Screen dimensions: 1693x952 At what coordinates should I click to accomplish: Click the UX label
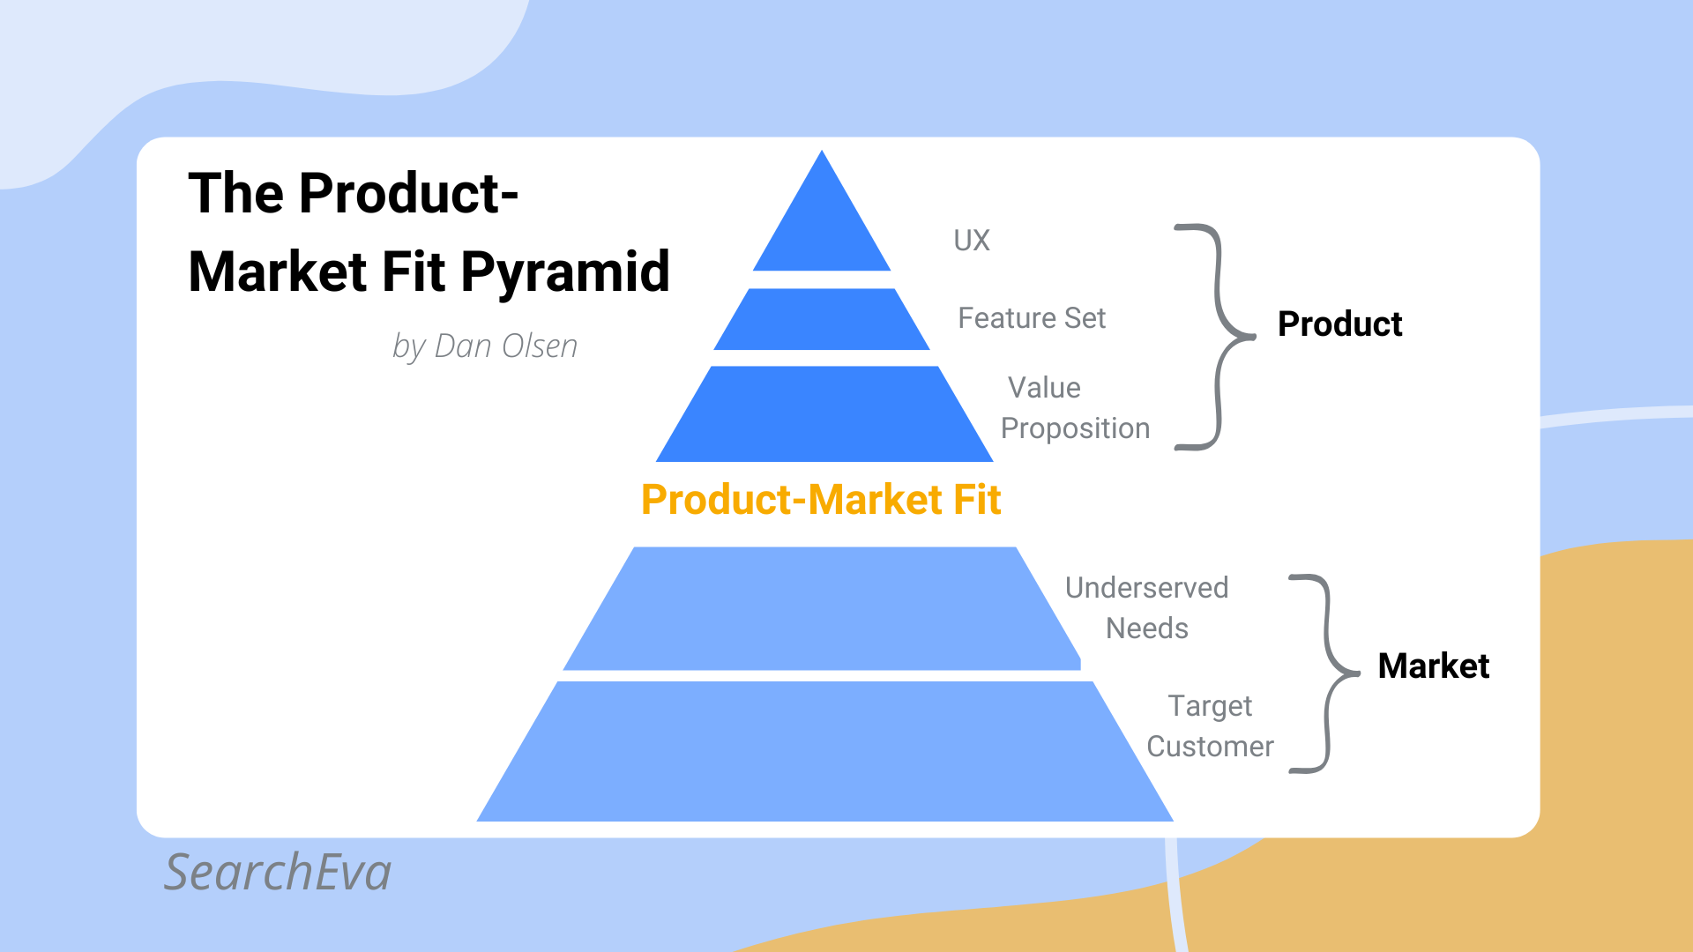(972, 241)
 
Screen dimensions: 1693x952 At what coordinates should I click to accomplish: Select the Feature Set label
(1032, 318)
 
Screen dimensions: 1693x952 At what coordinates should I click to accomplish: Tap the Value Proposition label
(1075, 408)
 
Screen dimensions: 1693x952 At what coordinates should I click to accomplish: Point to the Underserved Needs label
(1146, 608)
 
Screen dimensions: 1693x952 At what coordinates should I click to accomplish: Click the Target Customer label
(1210, 726)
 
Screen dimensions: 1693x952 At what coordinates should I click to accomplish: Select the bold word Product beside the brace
(1339, 324)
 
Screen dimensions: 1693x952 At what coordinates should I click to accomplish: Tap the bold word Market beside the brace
(1434, 666)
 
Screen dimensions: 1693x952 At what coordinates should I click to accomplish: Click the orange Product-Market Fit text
(821, 500)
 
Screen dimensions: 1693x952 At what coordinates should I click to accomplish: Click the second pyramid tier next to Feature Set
(822, 319)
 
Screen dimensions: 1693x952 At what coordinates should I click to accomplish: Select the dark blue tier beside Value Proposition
(824, 414)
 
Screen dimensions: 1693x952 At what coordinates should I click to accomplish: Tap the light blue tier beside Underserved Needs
(822, 608)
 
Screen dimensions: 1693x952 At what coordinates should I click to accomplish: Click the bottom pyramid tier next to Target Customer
(824, 752)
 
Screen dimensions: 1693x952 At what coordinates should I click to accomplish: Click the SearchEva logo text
(278, 873)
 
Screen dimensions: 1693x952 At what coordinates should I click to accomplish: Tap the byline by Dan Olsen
(485, 346)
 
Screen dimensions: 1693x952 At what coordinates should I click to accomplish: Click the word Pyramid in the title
(565, 272)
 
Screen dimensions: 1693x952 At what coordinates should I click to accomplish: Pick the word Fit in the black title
(414, 271)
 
